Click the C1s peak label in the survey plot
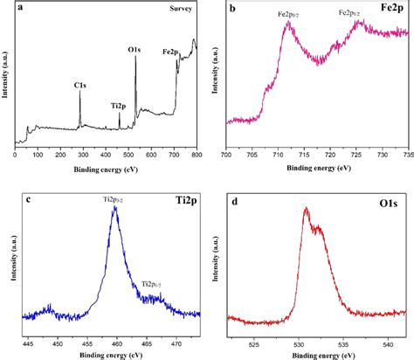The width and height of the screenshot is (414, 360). pos(79,85)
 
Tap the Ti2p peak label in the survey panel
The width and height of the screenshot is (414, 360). pos(117,105)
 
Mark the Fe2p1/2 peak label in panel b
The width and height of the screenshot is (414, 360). pos(355,14)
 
